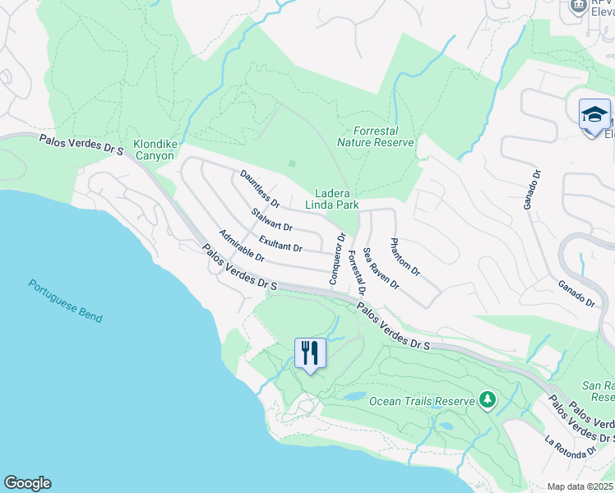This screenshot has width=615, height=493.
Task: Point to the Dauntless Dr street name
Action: point(260,188)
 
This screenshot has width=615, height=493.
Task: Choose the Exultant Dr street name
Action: point(280,243)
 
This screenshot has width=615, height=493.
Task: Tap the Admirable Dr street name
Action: point(241,246)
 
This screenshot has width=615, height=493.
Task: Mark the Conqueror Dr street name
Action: point(336,259)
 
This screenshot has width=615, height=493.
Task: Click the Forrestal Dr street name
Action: point(356,273)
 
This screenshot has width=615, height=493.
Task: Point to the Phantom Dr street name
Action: point(405,256)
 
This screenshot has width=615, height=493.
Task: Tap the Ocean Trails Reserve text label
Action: point(422,401)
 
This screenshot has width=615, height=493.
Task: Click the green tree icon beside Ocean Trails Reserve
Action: point(488,400)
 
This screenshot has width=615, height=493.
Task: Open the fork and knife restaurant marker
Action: point(310,353)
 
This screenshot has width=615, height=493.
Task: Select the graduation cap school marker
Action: point(594,114)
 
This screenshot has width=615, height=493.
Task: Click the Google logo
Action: point(27,483)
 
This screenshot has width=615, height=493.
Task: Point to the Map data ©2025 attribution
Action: point(580,486)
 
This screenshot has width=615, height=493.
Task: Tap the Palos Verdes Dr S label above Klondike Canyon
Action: point(81,147)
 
